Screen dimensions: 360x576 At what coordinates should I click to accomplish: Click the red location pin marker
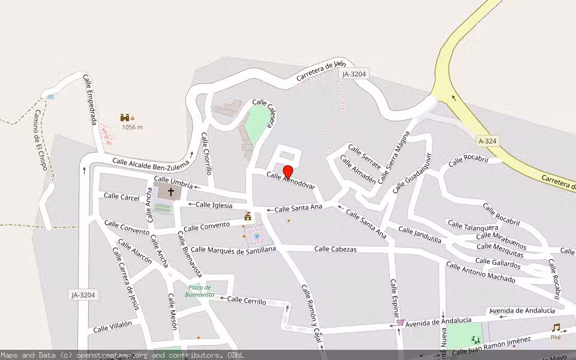coord(288,171)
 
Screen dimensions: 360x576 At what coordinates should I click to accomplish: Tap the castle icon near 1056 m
coord(125,118)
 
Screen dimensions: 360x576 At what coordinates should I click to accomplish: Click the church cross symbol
coord(171,192)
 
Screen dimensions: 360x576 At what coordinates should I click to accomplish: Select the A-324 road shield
coord(488,141)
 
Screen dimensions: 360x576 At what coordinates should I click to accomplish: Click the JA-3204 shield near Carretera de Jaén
coord(353,74)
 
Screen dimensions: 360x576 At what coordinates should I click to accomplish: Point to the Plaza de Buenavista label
coord(199,291)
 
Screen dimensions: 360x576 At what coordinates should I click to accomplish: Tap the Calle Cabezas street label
coord(335,249)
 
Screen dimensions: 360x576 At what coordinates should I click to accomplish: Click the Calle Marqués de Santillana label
coord(233,249)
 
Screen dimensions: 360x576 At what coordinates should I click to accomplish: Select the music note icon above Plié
coord(556,328)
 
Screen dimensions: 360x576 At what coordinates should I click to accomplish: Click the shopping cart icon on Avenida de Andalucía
coord(400,322)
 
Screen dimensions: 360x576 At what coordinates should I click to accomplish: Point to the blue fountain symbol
coord(256,236)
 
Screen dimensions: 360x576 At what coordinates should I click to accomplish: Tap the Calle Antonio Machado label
coord(481,272)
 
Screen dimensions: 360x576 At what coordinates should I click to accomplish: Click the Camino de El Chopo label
coord(40,139)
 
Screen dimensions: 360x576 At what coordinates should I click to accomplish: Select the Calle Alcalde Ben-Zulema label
coord(151,162)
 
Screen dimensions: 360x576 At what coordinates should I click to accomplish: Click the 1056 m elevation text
coord(132,127)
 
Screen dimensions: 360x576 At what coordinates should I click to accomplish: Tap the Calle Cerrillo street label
coord(247,301)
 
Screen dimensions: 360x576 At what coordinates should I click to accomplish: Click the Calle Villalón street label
coord(112,326)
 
